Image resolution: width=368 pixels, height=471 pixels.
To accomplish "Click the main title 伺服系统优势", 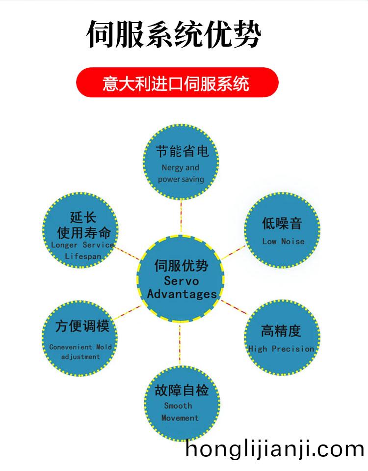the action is pyautogui.click(x=174, y=34).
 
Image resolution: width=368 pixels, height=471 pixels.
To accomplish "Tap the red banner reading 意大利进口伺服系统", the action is pyautogui.click(x=177, y=83).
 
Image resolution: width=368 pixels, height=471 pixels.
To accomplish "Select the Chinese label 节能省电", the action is pyautogui.click(x=182, y=151).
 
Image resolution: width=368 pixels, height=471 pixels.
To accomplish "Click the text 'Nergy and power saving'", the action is pyautogui.click(x=181, y=173).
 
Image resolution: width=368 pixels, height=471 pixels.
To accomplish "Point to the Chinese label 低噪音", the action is pyautogui.click(x=282, y=223).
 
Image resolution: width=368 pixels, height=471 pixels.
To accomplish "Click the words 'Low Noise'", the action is pyautogui.click(x=283, y=241).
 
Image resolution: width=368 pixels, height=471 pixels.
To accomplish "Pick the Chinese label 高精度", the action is pyautogui.click(x=281, y=331).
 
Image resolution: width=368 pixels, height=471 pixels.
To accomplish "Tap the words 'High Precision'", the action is pyautogui.click(x=281, y=349).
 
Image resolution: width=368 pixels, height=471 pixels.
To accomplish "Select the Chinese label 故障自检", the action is pyautogui.click(x=182, y=390).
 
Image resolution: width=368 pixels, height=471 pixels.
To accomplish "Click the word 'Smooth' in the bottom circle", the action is pyautogui.click(x=178, y=406).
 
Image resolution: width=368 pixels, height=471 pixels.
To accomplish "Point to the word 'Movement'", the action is pyautogui.click(x=180, y=418).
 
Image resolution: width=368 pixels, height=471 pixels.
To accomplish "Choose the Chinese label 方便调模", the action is pyautogui.click(x=82, y=326).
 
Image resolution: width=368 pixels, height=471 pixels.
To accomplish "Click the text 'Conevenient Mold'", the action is pyautogui.click(x=80, y=347).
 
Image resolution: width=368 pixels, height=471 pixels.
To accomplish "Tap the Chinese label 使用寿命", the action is pyautogui.click(x=84, y=233).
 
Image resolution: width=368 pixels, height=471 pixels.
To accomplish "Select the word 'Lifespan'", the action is pyautogui.click(x=83, y=256).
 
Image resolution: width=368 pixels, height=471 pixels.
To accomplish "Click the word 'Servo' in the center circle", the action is pyautogui.click(x=181, y=281).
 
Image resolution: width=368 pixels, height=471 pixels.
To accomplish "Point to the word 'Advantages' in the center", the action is pyautogui.click(x=182, y=294).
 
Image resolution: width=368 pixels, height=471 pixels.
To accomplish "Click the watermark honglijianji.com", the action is pyautogui.click(x=275, y=449).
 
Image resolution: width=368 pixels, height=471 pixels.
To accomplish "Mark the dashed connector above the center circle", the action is pyautogui.click(x=181, y=217).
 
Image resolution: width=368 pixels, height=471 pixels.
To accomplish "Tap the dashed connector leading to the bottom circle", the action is pyautogui.click(x=180, y=345).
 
